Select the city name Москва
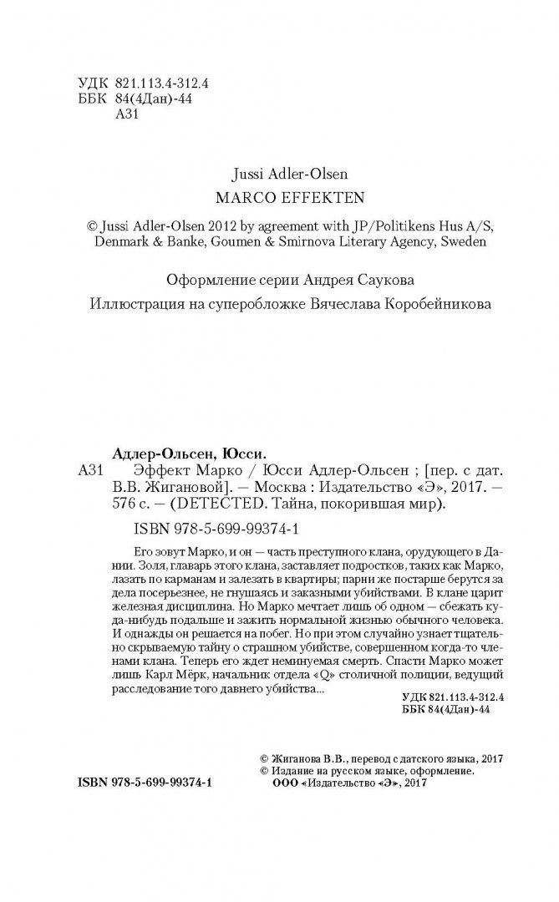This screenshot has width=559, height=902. pos(272,487)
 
